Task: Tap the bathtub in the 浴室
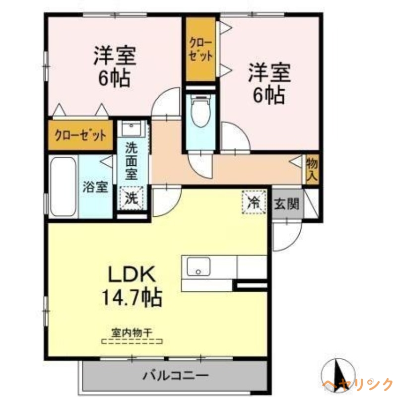click(63, 187)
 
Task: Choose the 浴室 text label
click(95, 187)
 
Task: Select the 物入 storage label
click(312, 169)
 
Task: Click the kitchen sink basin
click(198, 268)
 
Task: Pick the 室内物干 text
click(132, 332)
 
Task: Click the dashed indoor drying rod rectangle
click(132, 341)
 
